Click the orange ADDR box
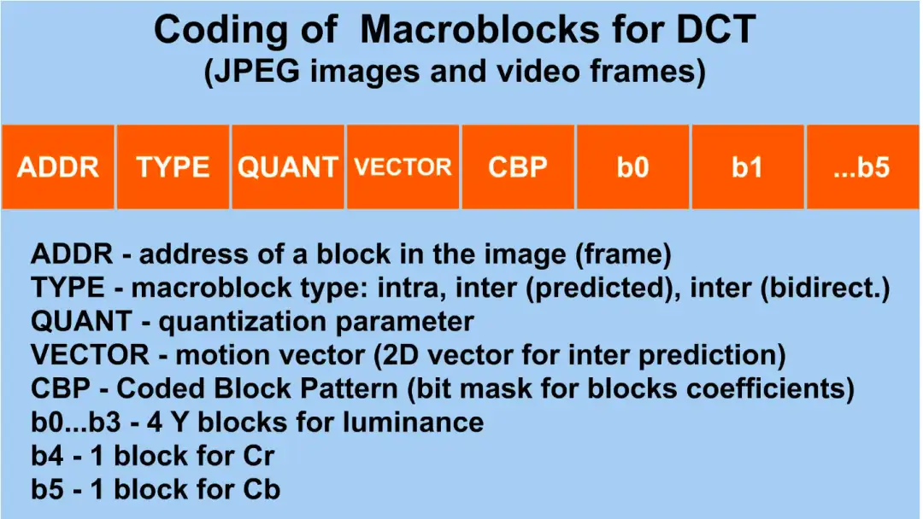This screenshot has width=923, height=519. coord(58,167)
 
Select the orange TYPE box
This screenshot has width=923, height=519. coord(173,167)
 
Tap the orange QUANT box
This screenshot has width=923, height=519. coord(288,167)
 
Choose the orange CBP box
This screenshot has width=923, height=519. coord(518,167)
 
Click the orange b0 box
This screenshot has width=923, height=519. coord(632,167)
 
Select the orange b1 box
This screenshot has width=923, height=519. coord(748,167)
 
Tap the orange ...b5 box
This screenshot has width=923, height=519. coord(862,167)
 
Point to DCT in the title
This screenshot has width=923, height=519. coord(716,29)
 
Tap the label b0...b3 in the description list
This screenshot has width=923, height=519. coord(76,422)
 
